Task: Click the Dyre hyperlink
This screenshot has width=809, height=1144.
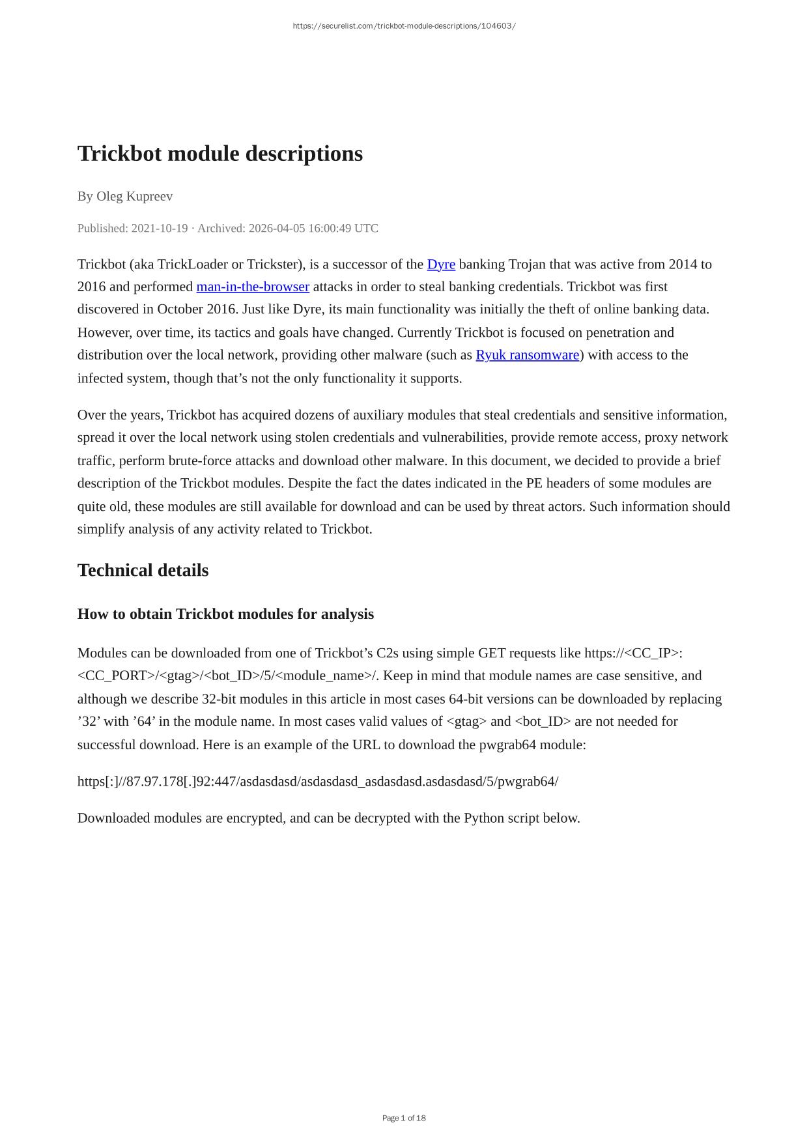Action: [x=441, y=265]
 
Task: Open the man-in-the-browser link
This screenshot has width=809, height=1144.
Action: [x=253, y=287]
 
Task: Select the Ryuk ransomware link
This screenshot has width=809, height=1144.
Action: [x=527, y=355]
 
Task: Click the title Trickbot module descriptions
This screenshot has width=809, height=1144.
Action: [x=220, y=154]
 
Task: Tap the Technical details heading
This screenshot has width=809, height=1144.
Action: [x=143, y=570]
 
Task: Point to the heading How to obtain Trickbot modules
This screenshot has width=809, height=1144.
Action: [x=225, y=614]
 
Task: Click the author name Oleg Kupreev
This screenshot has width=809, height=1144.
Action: [x=134, y=196]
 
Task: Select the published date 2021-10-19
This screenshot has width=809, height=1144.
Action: [x=160, y=228]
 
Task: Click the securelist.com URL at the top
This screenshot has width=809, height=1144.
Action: [x=404, y=26]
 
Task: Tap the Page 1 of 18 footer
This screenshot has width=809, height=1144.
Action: [x=404, y=1118]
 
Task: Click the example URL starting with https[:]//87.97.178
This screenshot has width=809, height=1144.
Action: [x=318, y=781]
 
